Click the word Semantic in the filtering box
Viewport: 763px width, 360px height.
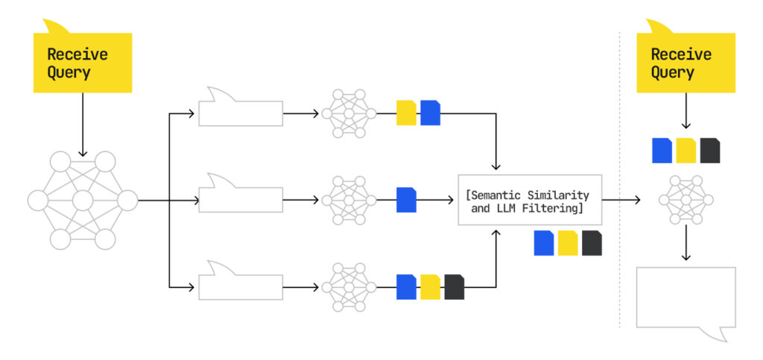point(497,195)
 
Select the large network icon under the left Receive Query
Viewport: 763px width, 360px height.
point(83,200)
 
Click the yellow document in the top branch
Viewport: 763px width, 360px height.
point(406,113)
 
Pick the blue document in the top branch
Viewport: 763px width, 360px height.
point(430,113)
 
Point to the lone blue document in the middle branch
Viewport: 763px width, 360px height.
point(406,200)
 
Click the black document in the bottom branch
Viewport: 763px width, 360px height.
point(454,287)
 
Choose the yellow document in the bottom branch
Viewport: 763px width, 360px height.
point(430,287)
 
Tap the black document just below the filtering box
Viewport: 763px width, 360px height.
point(592,243)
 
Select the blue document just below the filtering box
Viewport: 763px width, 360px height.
point(544,243)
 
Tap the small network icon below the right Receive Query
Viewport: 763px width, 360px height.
point(686,200)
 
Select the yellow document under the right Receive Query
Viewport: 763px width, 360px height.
point(686,151)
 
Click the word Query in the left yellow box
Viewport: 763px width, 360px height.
point(69,72)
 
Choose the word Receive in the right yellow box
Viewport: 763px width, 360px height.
point(681,54)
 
